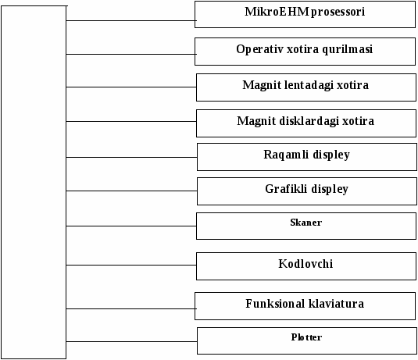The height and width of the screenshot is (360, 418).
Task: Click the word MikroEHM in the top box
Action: click(x=277, y=12)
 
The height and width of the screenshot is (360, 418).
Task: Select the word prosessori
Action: click(x=338, y=12)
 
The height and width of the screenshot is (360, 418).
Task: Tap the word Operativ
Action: click(x=259, y=49)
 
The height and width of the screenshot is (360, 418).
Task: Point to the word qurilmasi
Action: click(x=348, y=49)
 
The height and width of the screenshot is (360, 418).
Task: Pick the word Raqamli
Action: click(x=286, y=155)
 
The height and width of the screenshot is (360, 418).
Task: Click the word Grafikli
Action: click(x=286, y=189)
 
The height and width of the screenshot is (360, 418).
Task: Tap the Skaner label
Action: click(x=306, y=223)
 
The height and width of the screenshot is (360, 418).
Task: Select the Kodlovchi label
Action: click(x=305, y=264)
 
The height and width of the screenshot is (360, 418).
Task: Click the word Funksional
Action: click(x=275, y=304)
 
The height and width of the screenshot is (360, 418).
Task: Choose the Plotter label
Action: click(x=306, y=337)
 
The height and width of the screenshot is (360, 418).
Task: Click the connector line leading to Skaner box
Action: click(x=131, y=226)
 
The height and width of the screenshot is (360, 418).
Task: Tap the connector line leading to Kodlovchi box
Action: click(x=131, y=266)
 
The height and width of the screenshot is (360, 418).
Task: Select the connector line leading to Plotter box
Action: click(x=132, y=341)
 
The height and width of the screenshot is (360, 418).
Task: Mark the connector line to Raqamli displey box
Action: click(x=132, y=157)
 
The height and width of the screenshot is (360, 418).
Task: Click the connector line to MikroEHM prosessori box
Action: click(x=130, y=20)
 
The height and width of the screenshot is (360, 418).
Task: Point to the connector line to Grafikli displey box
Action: click(x=132, y=191)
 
